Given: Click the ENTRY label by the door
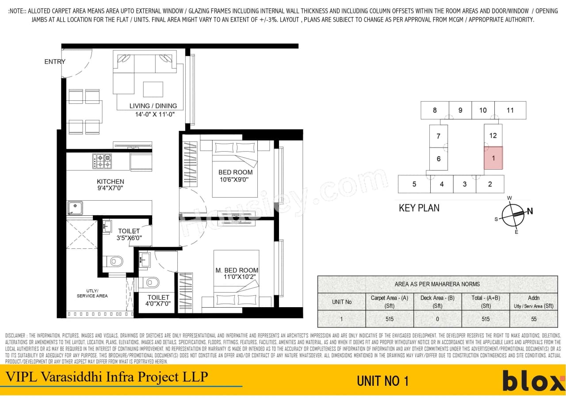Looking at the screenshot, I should (55, 62).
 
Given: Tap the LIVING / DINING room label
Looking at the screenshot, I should (153, 106).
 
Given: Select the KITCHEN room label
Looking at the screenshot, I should (111, 182).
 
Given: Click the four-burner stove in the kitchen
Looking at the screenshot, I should (102, 161).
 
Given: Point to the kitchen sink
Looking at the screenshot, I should (75, 208).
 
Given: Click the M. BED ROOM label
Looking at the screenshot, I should (237, 270).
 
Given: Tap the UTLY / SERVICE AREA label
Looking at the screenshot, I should (92, 293).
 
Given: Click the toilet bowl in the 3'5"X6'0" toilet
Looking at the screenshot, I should (115, 261).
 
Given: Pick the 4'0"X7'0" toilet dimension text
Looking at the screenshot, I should (158, 305).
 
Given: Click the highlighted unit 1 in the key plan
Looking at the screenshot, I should (493, 158).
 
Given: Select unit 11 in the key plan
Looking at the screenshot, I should (510, 110).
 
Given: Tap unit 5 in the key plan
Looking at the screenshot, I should (414, 184).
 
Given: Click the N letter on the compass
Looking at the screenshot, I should (530, 212).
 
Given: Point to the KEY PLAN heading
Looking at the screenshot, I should (419, 208).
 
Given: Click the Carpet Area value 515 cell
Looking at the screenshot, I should (389, 319).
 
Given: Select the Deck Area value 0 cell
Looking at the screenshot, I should (437, 319).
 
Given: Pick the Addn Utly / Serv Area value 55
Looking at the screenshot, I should (533, 319).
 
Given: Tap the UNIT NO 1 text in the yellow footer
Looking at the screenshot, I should (382, 381).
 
